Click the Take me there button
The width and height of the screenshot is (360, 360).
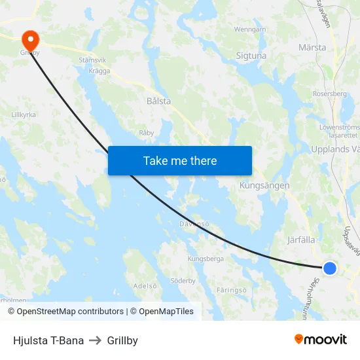pos(180,160)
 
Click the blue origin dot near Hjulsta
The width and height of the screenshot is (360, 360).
pos(330,268)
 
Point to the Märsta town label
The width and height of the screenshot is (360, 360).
pos(312,48)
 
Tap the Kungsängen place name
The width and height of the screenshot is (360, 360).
pos(264,185)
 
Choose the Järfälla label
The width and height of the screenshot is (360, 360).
pos(302,240)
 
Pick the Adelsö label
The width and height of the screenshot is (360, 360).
pos(145,285)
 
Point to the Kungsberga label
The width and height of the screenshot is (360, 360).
pos(206,259)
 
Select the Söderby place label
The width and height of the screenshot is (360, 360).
pos(183,281)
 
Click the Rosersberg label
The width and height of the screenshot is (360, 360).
pos(330,94)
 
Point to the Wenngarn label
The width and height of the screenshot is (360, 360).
pos(250,29)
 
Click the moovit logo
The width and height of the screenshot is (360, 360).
pos(321,339)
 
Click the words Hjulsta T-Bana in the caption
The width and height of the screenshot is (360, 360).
pos(48,340)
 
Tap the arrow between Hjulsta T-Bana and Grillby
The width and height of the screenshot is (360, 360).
pos(96,340)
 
